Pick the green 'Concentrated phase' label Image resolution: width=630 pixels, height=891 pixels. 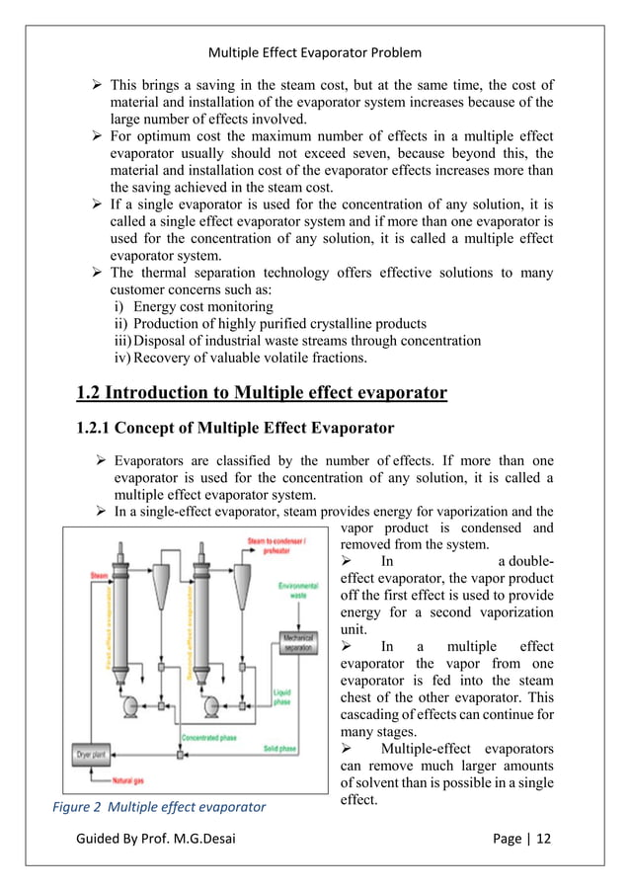point(209,737)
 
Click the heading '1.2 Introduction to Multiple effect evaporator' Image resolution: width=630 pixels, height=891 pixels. point(262,394)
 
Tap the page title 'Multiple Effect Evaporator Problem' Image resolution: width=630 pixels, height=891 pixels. point(315,51)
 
